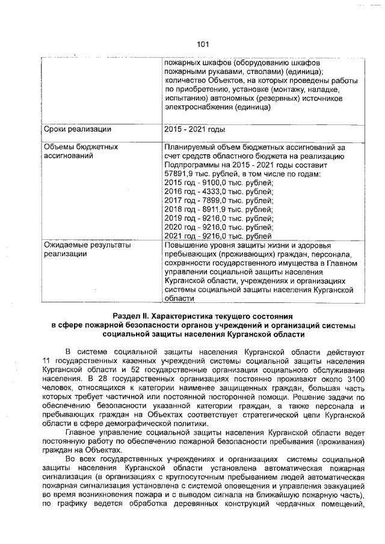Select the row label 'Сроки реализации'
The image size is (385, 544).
(78, 129)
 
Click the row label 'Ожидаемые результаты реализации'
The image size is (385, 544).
(87, 249)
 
